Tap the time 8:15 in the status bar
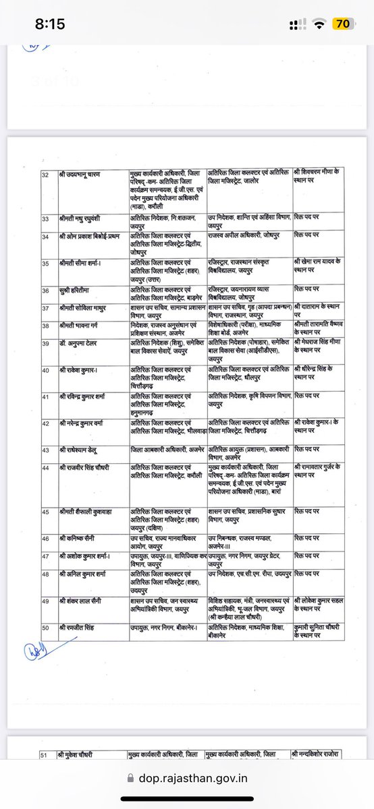(51, 24)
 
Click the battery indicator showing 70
(342, 24)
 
